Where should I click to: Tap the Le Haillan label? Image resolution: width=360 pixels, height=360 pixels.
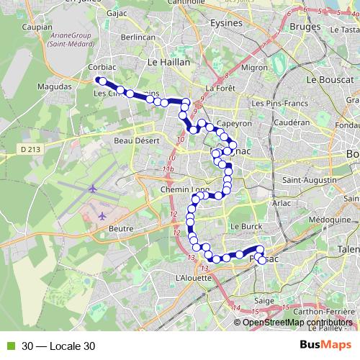[x=168, y=63]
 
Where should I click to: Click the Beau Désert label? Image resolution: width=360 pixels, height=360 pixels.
[x=135, y=140]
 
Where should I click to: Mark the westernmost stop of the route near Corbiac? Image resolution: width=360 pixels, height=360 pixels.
[x=102, y=81]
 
